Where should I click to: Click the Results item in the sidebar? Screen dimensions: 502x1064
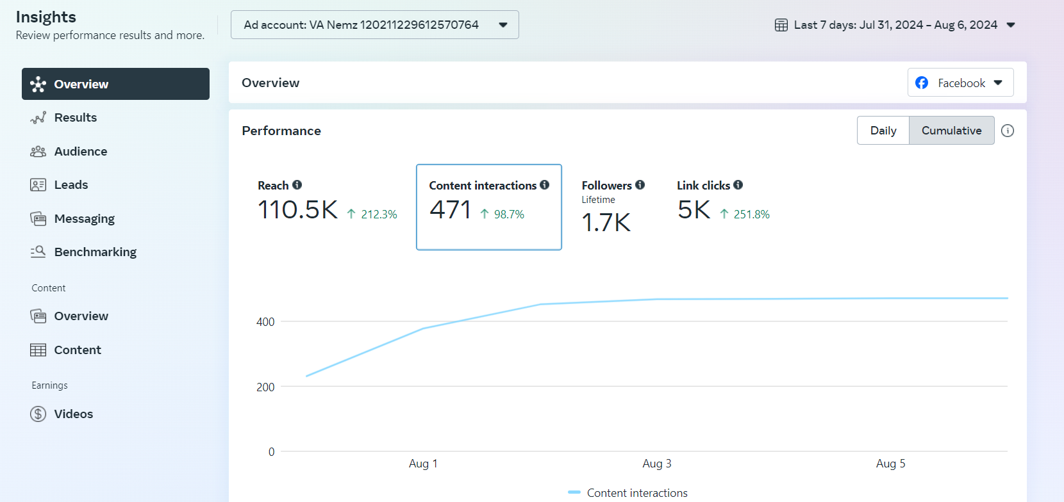point(75,118)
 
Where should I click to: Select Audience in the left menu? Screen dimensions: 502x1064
point(80,152)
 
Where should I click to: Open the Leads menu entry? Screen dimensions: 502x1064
point(71,185)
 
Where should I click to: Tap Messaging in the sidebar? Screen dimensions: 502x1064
point(84,219)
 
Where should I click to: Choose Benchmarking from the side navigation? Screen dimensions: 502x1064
point(95,252)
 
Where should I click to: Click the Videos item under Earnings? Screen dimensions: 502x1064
point(73,414)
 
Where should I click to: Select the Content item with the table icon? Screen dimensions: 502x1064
point(77,350)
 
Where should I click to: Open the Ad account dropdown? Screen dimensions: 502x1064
point(374,25)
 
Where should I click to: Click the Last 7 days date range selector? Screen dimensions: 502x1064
point(895,25)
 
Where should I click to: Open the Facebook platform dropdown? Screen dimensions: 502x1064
point(960,83)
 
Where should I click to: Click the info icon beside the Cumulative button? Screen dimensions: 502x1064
point(1008,131)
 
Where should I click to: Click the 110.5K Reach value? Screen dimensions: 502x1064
point(297,210)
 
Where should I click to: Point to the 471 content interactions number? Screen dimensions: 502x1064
point(450,210)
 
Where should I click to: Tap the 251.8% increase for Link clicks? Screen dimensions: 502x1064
point(751,215)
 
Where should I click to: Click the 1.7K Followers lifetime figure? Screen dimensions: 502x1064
point(606,223)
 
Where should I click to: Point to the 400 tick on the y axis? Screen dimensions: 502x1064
point(265,322)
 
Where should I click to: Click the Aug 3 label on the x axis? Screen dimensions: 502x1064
point(657,464)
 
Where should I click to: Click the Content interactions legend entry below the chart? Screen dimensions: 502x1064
point(636,493)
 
